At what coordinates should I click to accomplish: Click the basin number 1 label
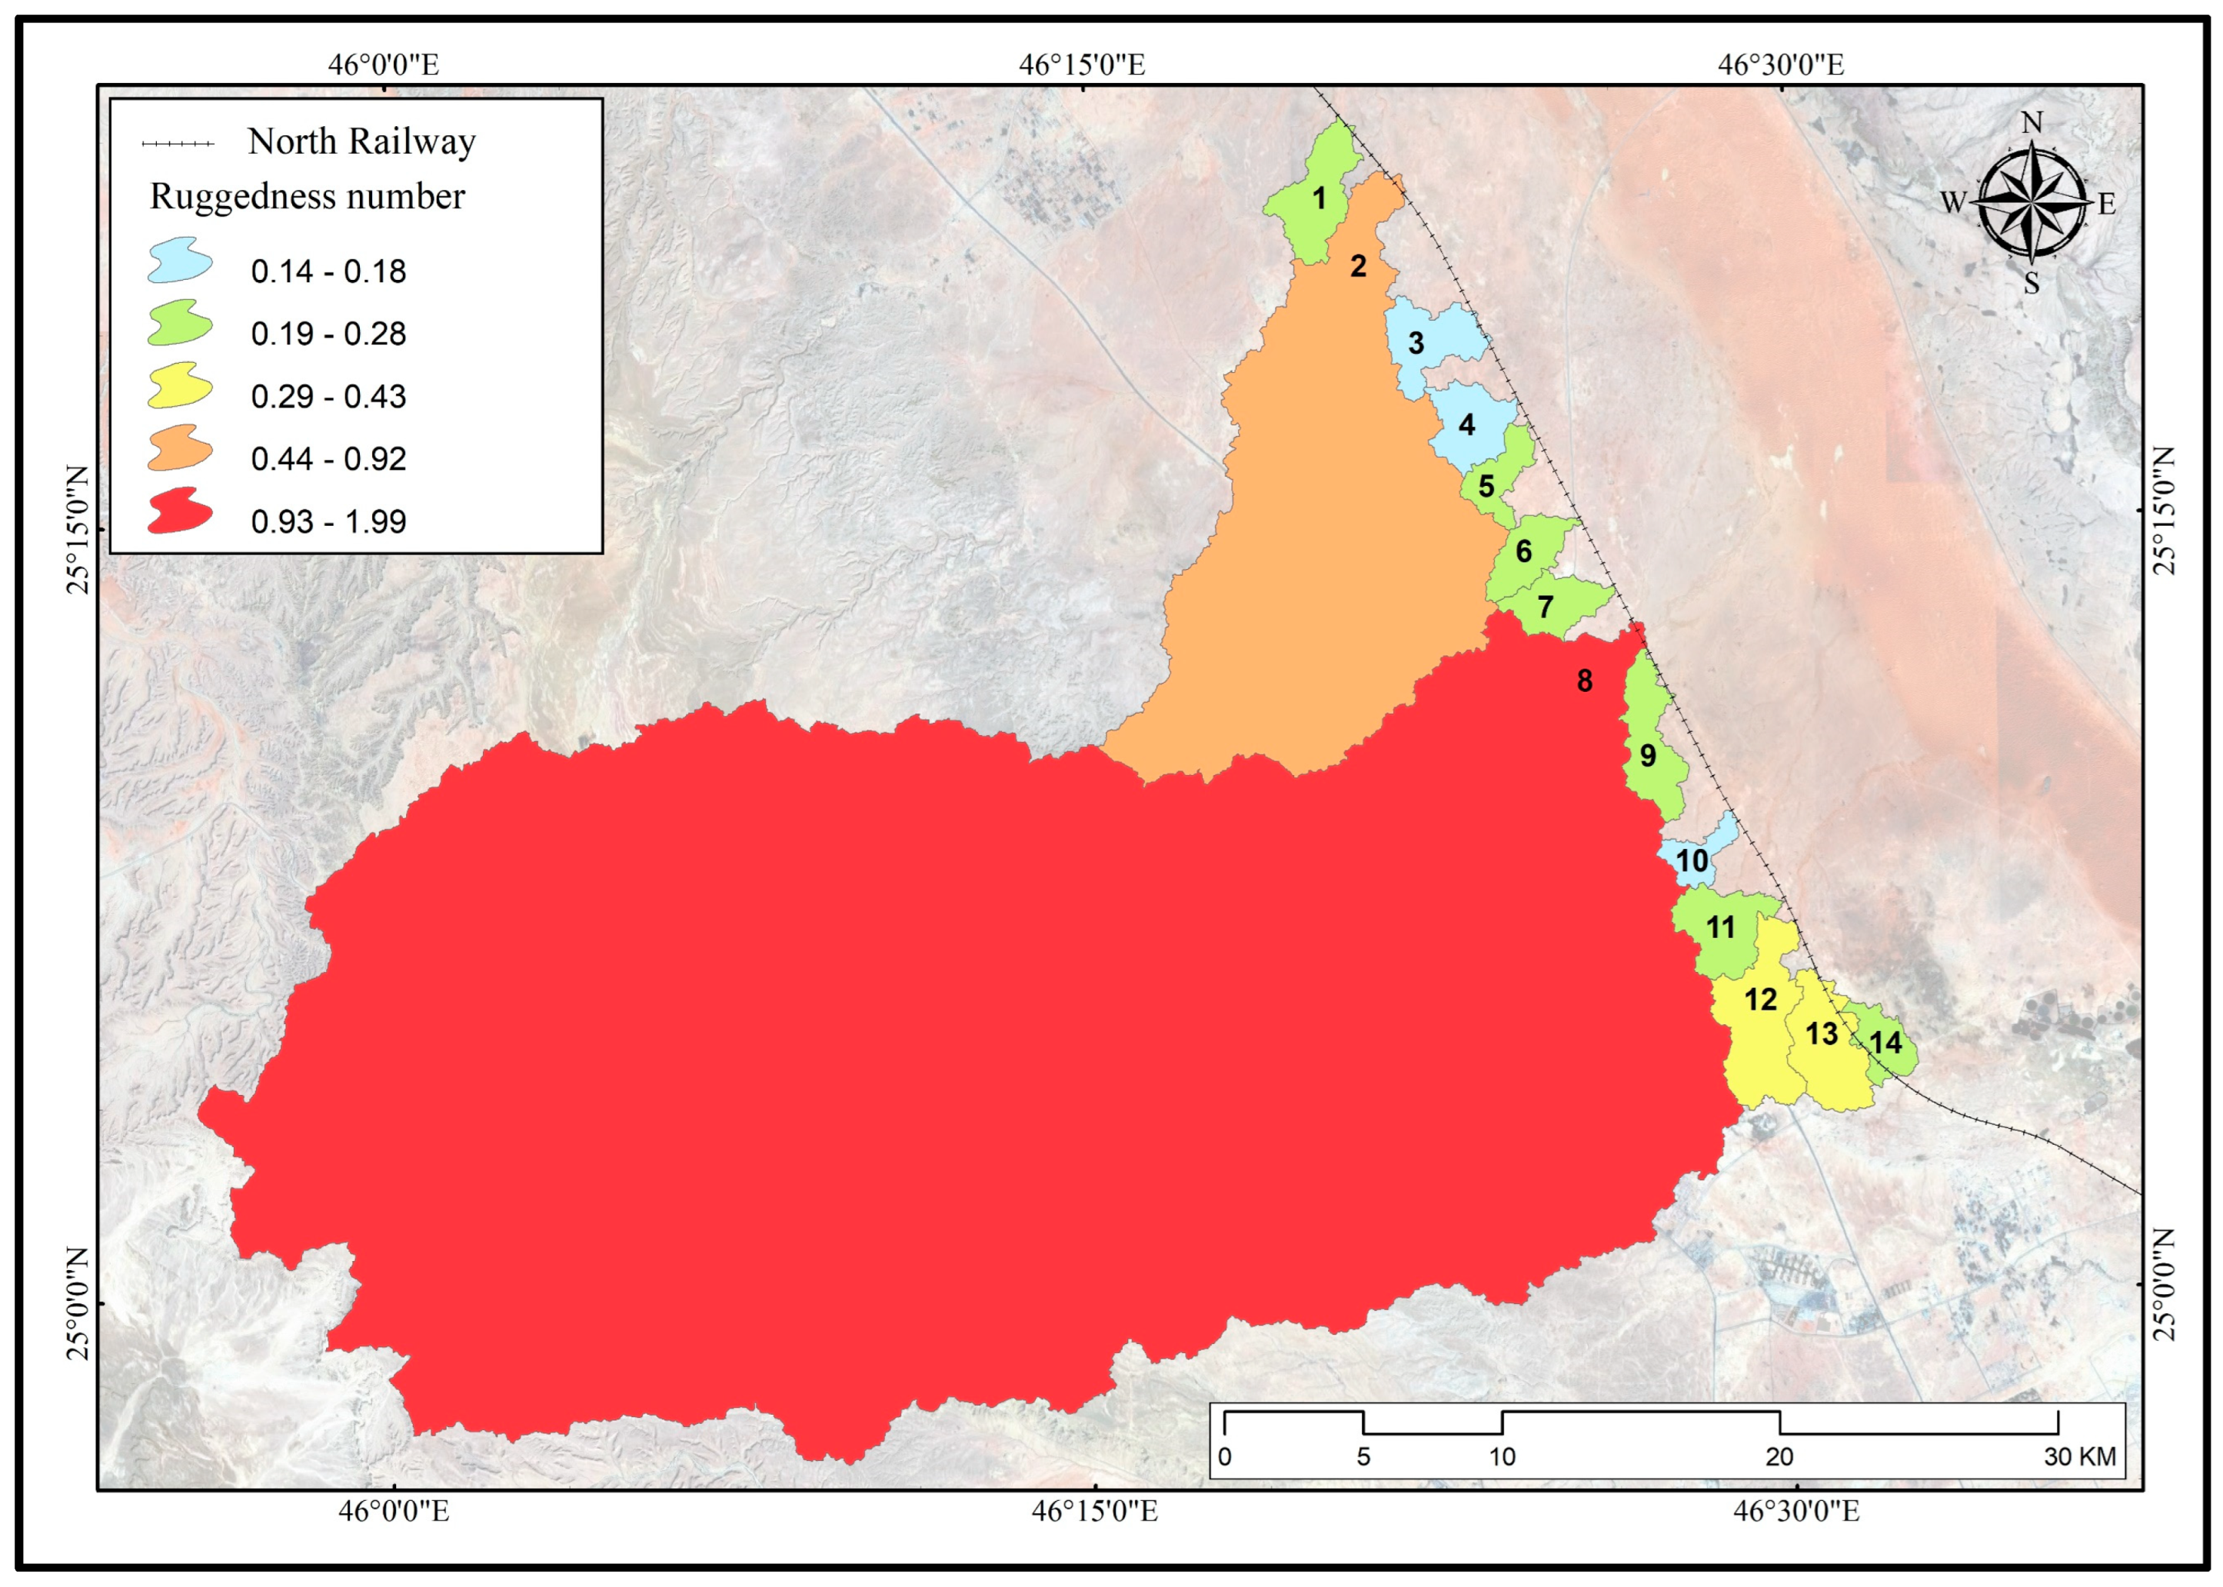(1318, 198)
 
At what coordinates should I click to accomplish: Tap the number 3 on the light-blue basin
(1415, 343)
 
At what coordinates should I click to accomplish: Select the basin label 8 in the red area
(1584, 681)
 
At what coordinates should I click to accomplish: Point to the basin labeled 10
(1692, 861)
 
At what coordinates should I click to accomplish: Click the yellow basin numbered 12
(1760, 1000)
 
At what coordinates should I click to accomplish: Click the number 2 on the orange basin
(1357, 266)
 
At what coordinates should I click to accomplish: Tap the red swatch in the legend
(180, 511)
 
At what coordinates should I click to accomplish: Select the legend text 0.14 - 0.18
(328, 271)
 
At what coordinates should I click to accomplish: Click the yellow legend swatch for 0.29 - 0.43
(180, 386)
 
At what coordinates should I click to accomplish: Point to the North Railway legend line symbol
(178, 144)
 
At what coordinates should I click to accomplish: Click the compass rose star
(2032, 202)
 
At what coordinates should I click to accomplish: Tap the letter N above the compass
(2032, 123)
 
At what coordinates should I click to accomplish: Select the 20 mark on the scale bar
(1779, 1457)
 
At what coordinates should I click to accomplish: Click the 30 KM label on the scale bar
(2079, 1457)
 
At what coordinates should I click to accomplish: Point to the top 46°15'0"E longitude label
(1082, 65)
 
